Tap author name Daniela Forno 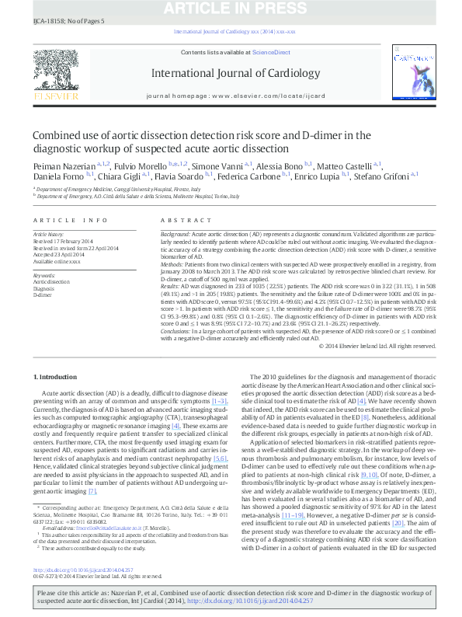pos(59,176)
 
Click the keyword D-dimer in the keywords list pos(42,296)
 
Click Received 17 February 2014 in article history pos(63,240)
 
